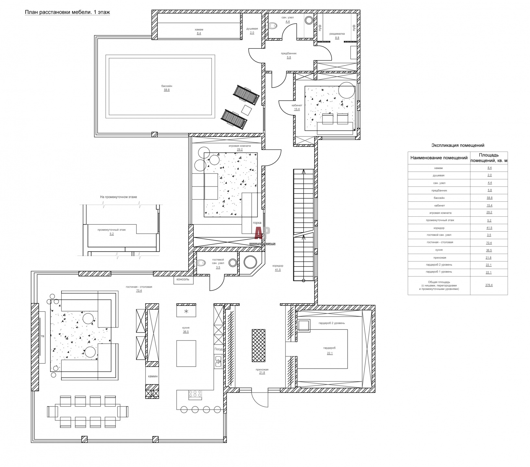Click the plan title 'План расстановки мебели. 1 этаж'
(x=67, y=13)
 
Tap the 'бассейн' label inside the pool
(x=167, y=86)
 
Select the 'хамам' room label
(x=199, y=29)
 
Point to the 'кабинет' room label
(x=297, y=105)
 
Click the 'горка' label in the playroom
(x=257, y=223)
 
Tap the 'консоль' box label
(x=183, y=279)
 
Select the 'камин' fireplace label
(x=152, y=377)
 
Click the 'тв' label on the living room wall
(x=42, y=336)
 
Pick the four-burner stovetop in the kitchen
(x=195, y=394)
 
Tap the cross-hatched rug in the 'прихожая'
(x=259, y=346)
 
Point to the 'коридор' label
(x=278, y=266)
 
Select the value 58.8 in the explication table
(x=489, y=198)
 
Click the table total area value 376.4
(x=489, y=285)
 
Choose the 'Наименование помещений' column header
(x=439, y=158)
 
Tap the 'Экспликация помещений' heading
(x=458, y=146)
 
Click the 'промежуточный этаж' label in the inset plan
(x=112, y=230)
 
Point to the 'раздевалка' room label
(x=337, y=33)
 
